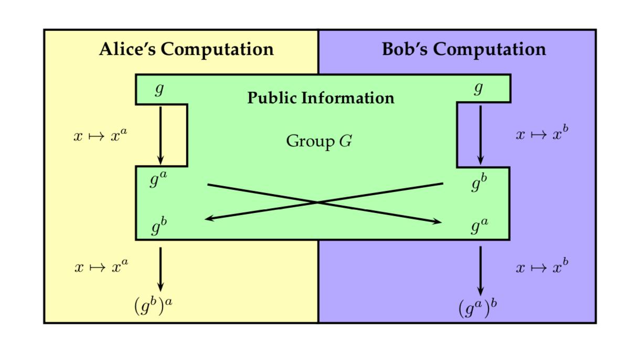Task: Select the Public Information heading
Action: [x=321, y=98]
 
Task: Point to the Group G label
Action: [x=319, y=141]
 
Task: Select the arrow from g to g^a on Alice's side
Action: [x=161, y=134]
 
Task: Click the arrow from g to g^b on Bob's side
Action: [x=480, y=134]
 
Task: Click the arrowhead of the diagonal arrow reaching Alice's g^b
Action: [x=209, y=218]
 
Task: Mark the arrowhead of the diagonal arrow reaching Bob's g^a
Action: [x=437, y=222]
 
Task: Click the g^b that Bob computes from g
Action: [x=479, y=184]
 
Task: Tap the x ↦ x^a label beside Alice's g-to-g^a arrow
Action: [x=101, y=136]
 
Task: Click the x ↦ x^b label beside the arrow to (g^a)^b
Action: [x=542, y=267]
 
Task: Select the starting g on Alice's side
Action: [x=160, y=90]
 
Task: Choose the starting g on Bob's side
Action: [x=478, y=90]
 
